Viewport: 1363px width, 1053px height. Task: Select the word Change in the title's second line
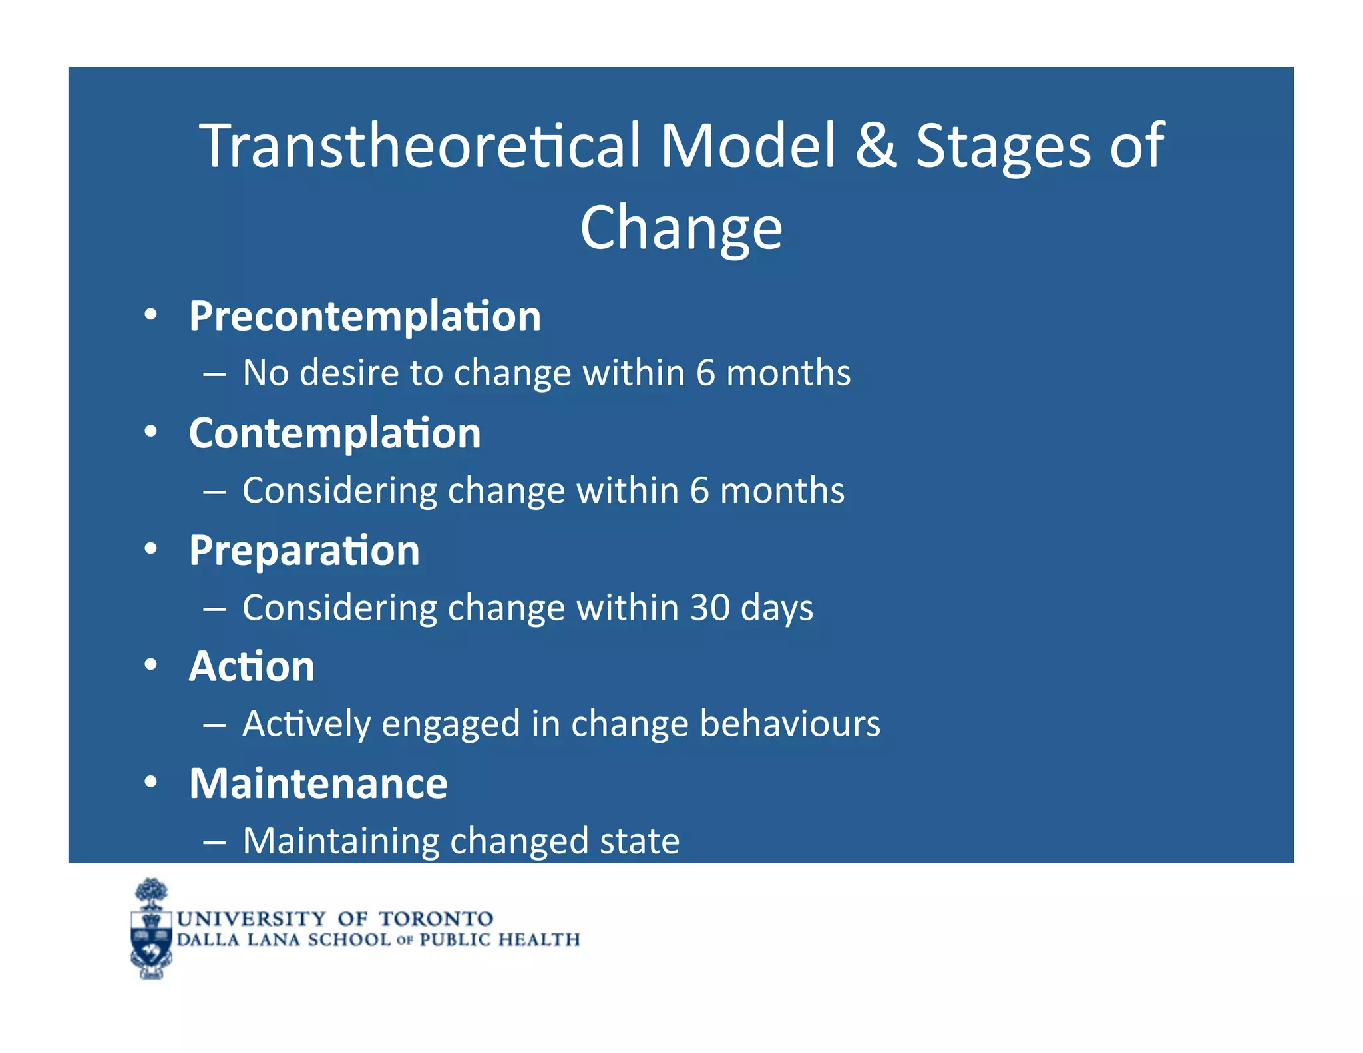681,228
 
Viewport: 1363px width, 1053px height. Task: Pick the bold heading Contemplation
335,433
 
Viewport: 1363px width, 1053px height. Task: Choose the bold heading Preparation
304,551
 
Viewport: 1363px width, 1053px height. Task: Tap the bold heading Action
252,666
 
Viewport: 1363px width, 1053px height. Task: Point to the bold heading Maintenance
318,783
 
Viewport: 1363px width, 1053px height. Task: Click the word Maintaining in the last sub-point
340,841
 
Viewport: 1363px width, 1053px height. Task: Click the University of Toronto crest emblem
151,929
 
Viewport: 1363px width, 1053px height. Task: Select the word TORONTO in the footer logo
436,919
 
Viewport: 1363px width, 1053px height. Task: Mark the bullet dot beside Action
151,664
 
